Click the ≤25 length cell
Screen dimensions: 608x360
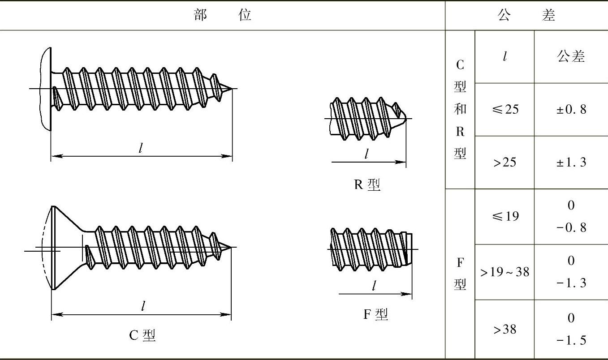pos(505,110)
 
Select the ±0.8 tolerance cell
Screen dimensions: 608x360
pos(571,110)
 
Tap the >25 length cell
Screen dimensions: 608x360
pos(505,162)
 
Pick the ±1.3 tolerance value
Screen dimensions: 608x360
pos(571,162)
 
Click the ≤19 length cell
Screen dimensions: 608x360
pos(505,217)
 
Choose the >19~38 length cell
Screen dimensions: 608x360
pos(505,272)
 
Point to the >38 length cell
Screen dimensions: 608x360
pos(505,330)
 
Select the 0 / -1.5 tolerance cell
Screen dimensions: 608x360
pos(571,330)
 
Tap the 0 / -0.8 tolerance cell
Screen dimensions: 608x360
pos(571,217)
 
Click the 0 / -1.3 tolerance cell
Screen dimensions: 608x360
pos(571,272)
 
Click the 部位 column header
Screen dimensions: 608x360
pos(223,16)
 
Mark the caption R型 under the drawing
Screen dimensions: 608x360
pos(367,184)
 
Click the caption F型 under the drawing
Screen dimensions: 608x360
pos(375,314)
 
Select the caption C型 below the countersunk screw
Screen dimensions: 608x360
pos(142,335)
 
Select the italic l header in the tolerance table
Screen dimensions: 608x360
pos(505,57)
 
